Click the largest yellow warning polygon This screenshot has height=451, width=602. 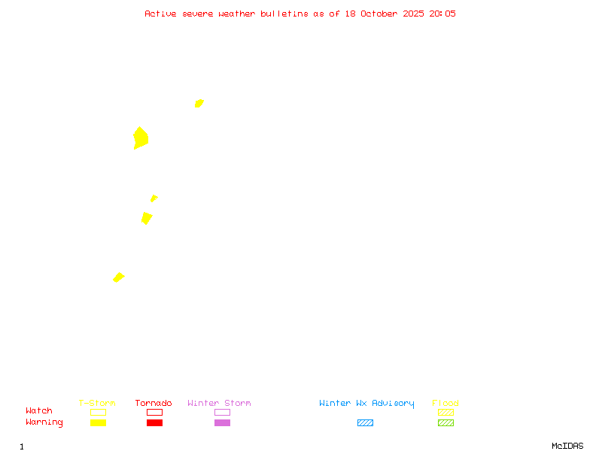pos(141,138)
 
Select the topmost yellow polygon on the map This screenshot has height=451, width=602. pos(199,103)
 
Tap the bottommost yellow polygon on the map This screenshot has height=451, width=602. pos(118,277)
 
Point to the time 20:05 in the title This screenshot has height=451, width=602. pos(442,14)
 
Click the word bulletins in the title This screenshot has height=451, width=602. pos(284,14)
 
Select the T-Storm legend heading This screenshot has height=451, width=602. pos(97,404)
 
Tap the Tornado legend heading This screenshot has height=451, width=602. pos(154,404)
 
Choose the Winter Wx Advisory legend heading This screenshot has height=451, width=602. pos(366,404)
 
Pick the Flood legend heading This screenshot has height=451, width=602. pos(445,404)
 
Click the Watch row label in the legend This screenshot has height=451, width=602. pos(39,411)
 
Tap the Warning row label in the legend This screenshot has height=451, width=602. pos(44,422)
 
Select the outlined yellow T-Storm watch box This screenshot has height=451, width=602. pos(98,412)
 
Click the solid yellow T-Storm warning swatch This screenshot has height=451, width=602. pos(98,422)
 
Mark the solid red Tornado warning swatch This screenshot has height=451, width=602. pos(154,422)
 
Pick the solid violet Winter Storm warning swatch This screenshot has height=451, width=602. pos(222,422)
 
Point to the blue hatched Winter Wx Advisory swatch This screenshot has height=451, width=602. pos(365,422)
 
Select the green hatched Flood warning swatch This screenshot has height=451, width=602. pos(445,422)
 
